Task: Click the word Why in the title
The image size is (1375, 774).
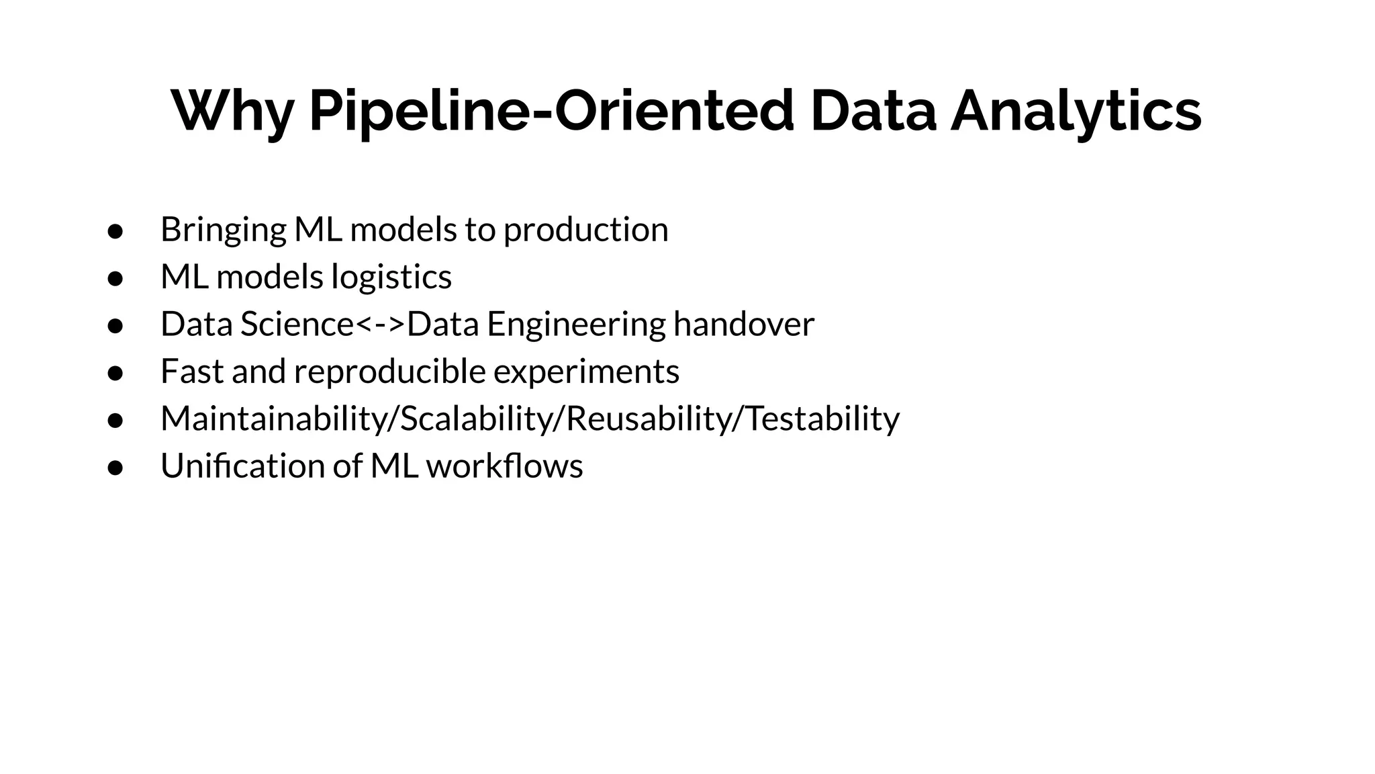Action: tap(232, 112)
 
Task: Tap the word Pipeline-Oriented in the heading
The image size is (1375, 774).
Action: tap(551, 112)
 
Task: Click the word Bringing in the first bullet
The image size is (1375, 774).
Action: tap(223, 230)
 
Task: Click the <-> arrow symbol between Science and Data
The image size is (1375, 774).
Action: tap(380, 325)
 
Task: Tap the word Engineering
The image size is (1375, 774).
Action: tap(576, 325)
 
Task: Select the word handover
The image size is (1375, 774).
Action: tap(744, 325)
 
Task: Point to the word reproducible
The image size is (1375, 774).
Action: tap(389, 372)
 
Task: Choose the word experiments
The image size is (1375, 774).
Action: tap(586, 372)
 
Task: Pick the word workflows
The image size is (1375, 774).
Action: tap(504, 466)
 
